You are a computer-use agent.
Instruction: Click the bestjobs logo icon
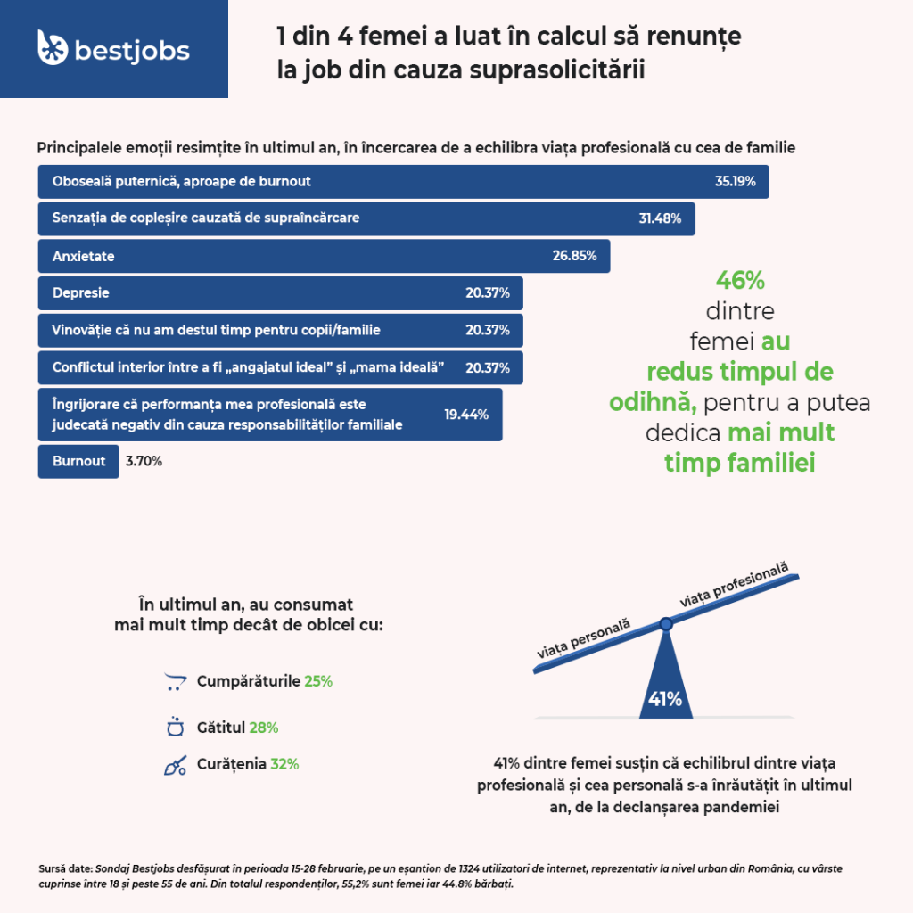[53, 48]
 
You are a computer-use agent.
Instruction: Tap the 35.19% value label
[735, 181]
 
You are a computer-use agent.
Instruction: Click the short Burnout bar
[78, 461]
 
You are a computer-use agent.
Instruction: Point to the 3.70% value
[144, 461]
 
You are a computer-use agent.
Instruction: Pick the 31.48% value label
[660, 218]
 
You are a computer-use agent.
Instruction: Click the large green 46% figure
[740, 281]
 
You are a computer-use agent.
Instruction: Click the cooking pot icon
[175, 728]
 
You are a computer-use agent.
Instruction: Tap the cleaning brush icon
[175, 766]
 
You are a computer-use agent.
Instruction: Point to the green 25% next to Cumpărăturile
[318, 681]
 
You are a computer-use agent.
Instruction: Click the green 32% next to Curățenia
[284, 764]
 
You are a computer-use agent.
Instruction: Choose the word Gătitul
[220, 728]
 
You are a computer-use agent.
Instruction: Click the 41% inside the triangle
[665, 700]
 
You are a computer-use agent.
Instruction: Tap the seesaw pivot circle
[665, 624]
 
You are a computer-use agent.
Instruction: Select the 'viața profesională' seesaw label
[735, 585]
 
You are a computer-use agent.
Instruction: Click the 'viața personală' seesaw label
[583, 638]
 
